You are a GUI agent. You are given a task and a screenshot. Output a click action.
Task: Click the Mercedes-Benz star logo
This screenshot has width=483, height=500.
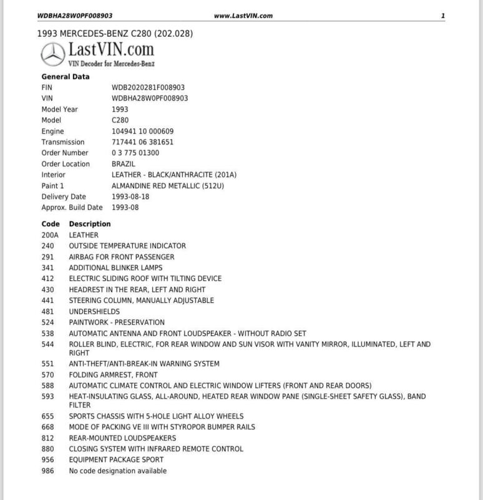(x=54, y=55)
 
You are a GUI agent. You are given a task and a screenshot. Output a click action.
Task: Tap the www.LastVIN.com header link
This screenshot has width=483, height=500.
(x=243, y=16)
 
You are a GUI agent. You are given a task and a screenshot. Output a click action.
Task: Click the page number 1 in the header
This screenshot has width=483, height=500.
(x=442, y=16)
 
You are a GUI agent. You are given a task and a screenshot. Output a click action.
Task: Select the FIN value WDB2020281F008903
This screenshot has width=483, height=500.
(x=148, y=87)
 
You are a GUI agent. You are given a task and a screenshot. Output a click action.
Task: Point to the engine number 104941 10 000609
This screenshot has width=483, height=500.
(x=142, y=131)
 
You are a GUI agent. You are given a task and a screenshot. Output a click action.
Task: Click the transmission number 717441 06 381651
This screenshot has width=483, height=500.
(x=142, y=142)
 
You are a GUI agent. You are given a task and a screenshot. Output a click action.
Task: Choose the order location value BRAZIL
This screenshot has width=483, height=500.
(x=123, y=164)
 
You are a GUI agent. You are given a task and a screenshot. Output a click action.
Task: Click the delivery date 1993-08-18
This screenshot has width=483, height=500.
(x=130, y=196)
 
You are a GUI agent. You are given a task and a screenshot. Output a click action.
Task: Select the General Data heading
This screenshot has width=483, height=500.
(x=66, y=77)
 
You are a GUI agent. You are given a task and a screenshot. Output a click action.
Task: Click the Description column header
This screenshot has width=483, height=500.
(x=90, y=224)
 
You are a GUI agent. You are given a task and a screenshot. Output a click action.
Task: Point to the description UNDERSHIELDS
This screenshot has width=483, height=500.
(x=94, y=311)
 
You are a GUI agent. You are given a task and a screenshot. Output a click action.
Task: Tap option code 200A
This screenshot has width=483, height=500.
(x=50, y=235)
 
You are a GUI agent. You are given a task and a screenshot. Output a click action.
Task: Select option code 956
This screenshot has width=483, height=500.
(x=47, y=460)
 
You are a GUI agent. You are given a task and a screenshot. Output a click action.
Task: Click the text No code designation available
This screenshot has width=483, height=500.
(x=118, y=471)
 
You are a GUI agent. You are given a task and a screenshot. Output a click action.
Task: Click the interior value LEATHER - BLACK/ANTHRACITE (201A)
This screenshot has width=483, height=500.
(x=174, y=175)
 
